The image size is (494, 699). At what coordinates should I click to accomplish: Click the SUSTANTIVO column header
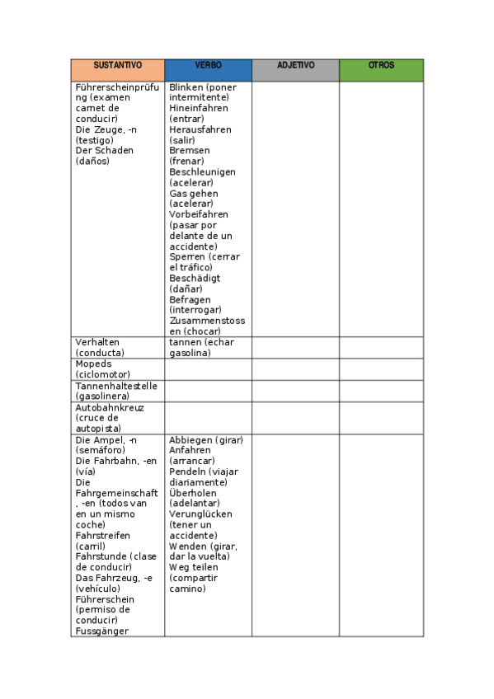117,65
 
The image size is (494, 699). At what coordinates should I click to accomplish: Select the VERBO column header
208,65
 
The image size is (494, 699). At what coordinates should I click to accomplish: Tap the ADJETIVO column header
295,65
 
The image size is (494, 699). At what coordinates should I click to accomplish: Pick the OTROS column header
381,65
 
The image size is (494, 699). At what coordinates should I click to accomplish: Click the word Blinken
186,87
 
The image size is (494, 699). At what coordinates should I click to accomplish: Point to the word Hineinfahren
199,109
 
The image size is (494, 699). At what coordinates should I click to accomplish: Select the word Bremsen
190,151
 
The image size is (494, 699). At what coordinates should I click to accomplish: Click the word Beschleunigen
202,172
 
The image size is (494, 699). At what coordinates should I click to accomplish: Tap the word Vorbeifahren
199,215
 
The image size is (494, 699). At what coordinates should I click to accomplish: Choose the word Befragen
190,300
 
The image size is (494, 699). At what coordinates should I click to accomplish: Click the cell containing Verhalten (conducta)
117,347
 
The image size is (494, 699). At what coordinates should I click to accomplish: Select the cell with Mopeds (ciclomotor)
117,368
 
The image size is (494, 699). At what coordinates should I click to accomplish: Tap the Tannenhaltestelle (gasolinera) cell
117,391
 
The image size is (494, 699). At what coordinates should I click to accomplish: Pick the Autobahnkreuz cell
117,418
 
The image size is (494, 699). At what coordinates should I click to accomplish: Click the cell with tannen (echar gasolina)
208,347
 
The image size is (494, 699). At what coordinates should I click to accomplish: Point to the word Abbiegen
191,440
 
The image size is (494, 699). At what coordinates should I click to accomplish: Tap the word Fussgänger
102,631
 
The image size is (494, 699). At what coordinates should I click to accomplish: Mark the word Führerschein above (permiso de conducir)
105,600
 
